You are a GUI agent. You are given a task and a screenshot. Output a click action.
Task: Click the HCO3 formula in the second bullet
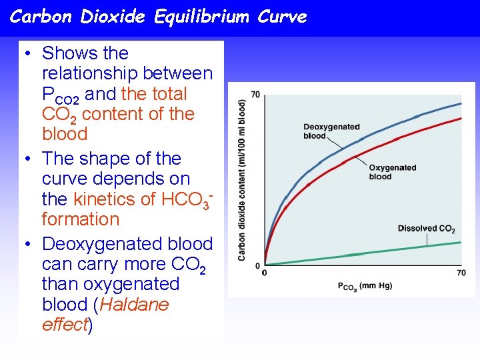coord(187,199)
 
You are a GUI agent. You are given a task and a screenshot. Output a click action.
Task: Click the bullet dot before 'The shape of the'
coord(29,159)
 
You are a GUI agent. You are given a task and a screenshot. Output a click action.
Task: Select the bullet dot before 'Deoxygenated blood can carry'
coord(29,245)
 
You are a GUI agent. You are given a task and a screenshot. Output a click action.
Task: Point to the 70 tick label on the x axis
coord(461,273)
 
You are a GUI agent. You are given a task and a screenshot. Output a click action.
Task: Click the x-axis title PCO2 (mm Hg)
coord(364,286)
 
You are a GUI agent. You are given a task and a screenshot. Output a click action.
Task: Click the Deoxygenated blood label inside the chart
coord(331,131)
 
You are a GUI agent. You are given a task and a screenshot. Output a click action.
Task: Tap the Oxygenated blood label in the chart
coord(392,172)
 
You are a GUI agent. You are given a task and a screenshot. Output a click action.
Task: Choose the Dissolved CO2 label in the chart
coord(426,229)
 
